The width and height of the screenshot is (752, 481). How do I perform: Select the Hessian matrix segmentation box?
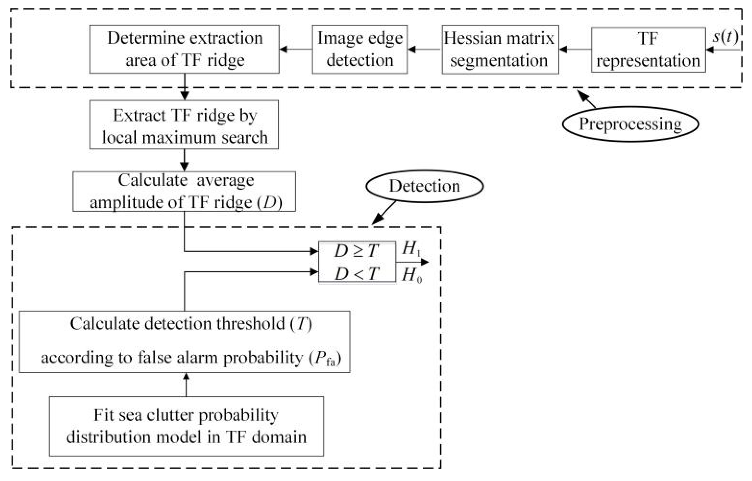[x=500, y=49]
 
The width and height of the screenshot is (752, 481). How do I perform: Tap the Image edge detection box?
[x=360, y=49]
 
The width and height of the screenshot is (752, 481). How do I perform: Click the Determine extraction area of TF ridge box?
[x=184, y=49]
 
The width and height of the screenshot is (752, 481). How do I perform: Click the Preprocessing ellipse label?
[x=630, y=124]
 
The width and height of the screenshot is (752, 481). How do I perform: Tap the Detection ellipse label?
[x=424, y=186]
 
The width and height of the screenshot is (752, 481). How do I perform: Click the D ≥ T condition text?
[x=356, y=251]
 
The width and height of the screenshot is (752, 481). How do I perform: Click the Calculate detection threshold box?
[x=184, y=341]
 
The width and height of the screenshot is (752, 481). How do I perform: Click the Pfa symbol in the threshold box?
[x=325, y=359]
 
